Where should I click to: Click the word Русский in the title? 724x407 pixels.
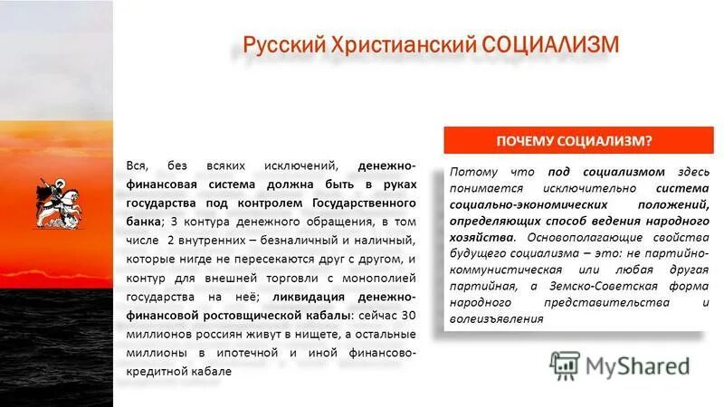click(x=281, y=45)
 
